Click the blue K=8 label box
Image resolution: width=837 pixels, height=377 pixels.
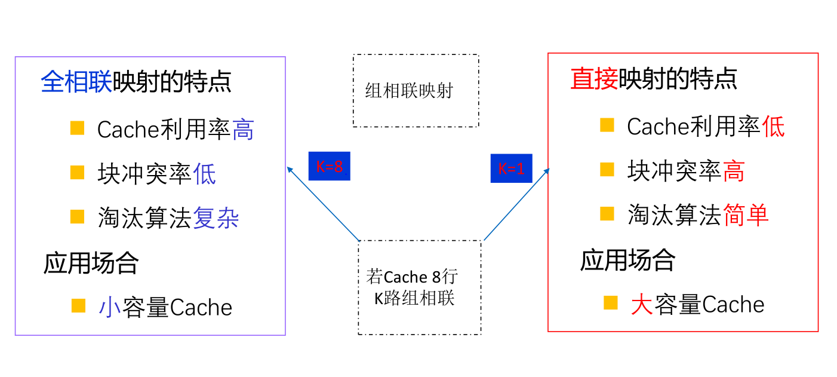[329, 166]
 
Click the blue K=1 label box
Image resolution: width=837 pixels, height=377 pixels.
[511, 168]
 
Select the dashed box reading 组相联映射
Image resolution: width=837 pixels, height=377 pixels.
[416, 91]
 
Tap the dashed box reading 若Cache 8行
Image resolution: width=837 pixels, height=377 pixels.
[419, 287]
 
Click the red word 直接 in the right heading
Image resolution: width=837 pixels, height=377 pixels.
[594, 79]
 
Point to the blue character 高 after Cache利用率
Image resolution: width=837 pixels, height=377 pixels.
[243, 130]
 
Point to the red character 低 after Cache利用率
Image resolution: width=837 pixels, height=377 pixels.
[773, 127]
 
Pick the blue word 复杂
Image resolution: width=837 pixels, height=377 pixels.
[216, 219]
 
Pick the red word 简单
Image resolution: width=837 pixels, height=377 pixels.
[746, 215]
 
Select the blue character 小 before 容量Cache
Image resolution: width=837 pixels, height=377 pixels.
[109, 307]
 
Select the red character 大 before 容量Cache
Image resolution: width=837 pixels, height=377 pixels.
[641, 305]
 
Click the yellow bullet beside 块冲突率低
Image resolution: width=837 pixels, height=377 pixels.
[77, 173]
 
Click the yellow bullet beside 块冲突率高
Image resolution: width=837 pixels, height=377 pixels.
[607, 170]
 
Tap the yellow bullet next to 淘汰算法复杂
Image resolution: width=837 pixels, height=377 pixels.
[77, 216]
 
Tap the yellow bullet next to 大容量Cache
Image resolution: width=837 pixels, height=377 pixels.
[610, 302]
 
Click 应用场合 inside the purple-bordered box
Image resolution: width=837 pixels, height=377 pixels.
[91, 263]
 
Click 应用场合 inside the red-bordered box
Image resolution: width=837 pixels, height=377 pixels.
[627, 260]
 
